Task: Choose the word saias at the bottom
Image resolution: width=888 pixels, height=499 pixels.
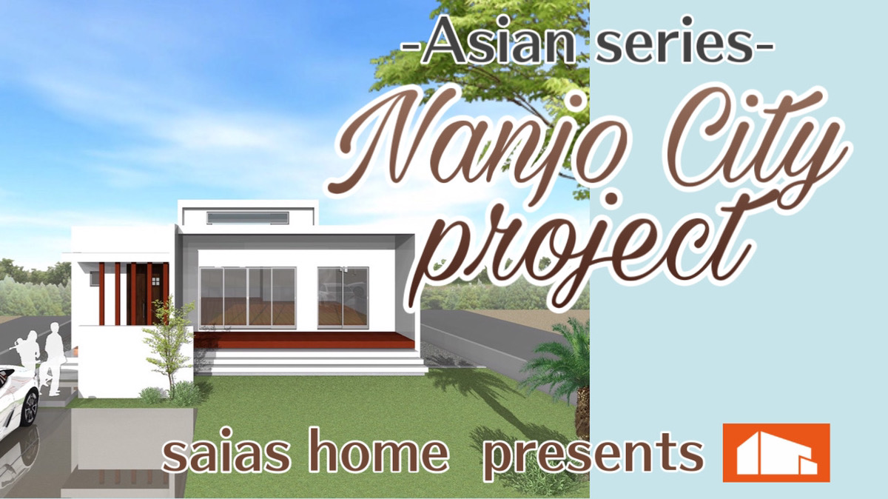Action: tap(226, 452)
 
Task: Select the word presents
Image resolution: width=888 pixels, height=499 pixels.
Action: tap(593, 456)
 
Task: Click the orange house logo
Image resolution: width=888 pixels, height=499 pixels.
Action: tap(776, 452)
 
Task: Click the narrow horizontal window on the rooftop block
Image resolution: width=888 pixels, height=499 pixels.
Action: tap(248, 218)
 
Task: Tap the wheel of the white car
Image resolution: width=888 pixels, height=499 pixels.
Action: tap(30, 407)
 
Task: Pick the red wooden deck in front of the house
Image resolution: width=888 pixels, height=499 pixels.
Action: tap(304, 341)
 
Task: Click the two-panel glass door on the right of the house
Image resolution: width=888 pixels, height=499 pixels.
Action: tap(343, 298)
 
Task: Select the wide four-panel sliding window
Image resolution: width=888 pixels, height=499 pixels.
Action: tap(248, 298)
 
